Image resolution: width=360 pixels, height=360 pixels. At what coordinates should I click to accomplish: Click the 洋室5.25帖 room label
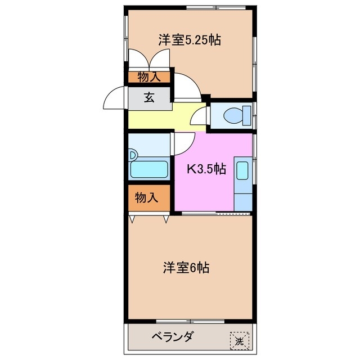click(x=188, y=40)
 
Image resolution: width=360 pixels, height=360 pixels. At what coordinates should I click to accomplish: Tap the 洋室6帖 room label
click(x=186, y=268)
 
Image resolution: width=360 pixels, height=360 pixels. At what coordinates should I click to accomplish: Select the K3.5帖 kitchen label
click(x=206, y=168)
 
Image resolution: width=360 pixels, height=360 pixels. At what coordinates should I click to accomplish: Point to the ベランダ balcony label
click(x=172, y=337)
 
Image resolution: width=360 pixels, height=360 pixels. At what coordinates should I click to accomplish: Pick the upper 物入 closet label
click(x=148, y=78)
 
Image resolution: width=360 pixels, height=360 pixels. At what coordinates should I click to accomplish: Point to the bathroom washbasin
click(x=133, y=154)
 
